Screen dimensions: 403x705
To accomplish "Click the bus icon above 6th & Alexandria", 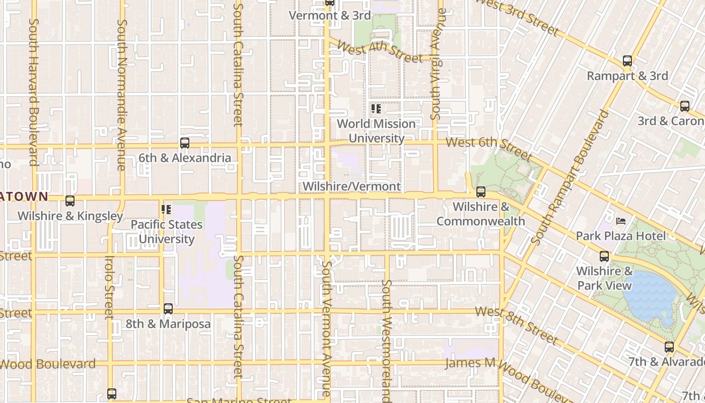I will click(185, 143).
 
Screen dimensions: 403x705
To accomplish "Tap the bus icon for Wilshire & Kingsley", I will click(70, 201).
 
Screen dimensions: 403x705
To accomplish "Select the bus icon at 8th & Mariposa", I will click(168, 309).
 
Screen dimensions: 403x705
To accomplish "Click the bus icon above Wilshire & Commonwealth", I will click(481, 192).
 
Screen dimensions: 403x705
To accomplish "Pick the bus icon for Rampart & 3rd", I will click(627, 61).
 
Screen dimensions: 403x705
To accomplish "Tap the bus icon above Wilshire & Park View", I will click(604, 256).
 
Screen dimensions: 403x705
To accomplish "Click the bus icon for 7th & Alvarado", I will click(669, 347).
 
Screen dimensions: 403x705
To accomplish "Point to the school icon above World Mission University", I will click(376, 109).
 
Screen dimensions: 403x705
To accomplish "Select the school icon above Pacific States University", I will click(166, 210).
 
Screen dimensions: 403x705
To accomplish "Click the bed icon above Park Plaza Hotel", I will click(621, 221).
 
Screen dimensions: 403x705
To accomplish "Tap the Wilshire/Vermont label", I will click(351, 186).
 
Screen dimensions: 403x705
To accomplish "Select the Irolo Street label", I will click(109, 287).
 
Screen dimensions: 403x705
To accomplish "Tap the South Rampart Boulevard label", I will click(569, 177).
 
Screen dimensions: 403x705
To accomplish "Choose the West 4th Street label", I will click(380, 52).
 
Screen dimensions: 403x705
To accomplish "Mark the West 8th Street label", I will click(516, 325).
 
